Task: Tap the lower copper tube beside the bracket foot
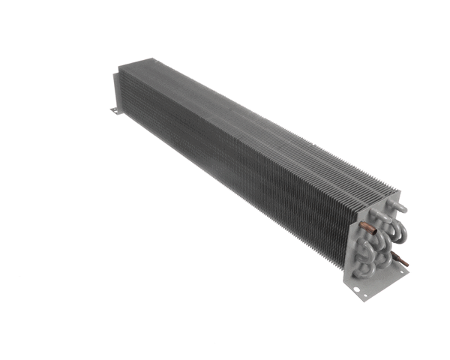(x=403, y=262)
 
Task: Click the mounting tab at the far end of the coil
(x=115, y=110)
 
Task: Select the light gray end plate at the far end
(x=116, y=86)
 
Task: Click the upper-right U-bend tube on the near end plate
(x=398, y=229)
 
